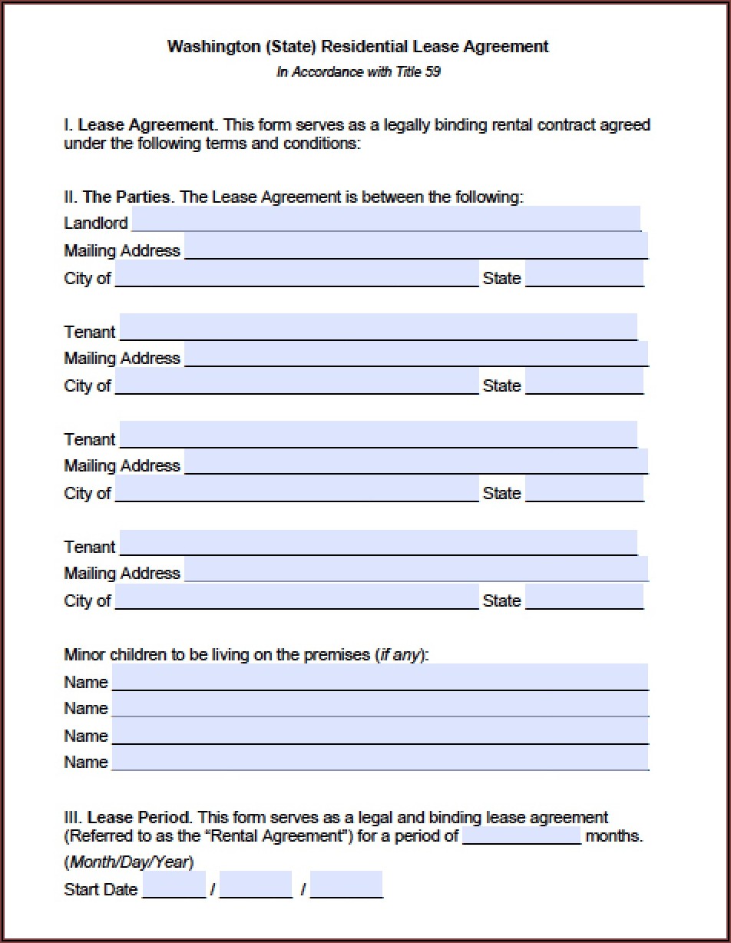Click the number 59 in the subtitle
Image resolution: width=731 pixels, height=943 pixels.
pyautogui.click(x=432, y=72)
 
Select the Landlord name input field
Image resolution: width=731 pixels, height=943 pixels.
pyautogui.click(x=385, y=219)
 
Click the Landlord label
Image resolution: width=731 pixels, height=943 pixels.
pyautogui.click(x=95, y=223)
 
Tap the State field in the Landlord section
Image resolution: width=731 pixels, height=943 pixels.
pyautogui.click(x=584, y=274)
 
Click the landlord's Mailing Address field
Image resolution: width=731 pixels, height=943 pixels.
pyautogui.click(x=416, y=247)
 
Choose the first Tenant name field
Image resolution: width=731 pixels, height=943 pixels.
pyautogui.click(x=379, y=326)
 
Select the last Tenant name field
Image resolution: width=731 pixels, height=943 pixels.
pyautogui.click(x=379, y=542)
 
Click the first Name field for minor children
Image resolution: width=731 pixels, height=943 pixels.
pyautogui.click(x=380, y=677)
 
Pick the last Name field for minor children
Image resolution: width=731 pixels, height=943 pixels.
pyautogui.click(x=380, y=758)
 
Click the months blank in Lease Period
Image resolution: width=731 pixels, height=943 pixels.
pyautogui.click(x=522, y=835)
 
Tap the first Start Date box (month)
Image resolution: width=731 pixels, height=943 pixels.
pyautogui.click(x=174, y=885)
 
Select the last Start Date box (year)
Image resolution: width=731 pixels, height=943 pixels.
pyautogui.click(x=346, y=885)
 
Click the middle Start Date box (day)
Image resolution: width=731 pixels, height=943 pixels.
pyautogui.click(x=256, y=885)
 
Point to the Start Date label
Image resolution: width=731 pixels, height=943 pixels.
pyautogui.click(x=101, y=889)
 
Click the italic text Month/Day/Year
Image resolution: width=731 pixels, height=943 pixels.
pyautogui.click(x=128, y=862)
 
